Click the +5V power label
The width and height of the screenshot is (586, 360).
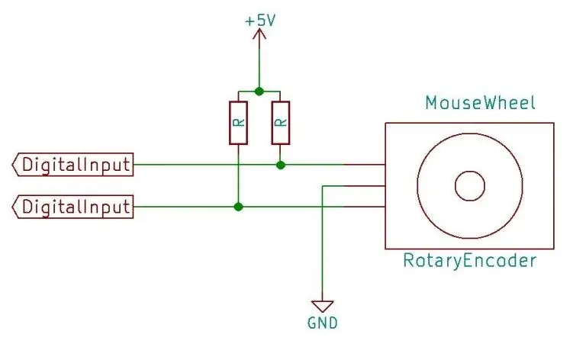click(x=260, y=21)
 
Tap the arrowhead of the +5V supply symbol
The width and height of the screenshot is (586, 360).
click(x=259, y=34)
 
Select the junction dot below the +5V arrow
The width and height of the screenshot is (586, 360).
click(x=259, y=91)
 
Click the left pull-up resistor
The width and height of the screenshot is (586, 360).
click(x=238, y=123)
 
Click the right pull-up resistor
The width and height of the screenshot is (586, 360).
click(x=280, y=123)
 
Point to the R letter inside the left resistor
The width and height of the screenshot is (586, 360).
click(x=239, y=122)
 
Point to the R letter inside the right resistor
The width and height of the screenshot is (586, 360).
click(x=281, y=122)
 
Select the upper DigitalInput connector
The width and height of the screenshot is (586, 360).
click(x=73, y=164)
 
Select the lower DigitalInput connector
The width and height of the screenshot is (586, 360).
click(x=73, y=207)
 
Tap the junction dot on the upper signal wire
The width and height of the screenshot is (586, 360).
click(x=281, y=165)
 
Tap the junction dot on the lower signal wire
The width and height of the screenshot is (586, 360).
click(x=238, y=207)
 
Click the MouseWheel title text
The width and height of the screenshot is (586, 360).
click(x=481, y=103)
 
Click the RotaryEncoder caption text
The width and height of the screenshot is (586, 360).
click(x=470, y=260)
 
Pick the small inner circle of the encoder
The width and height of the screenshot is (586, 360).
click(x=470, y=185)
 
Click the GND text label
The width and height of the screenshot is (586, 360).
click(x=323, y=323)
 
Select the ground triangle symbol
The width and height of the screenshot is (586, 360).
click(x=322, y=306)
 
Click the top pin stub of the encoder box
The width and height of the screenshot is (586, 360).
click(x=365, y=164)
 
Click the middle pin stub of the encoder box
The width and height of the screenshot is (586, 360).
click(x=365, y=185)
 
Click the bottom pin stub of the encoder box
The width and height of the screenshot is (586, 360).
click(x=365, y=207)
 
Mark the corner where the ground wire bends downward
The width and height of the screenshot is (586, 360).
click(x=322, y=185)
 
